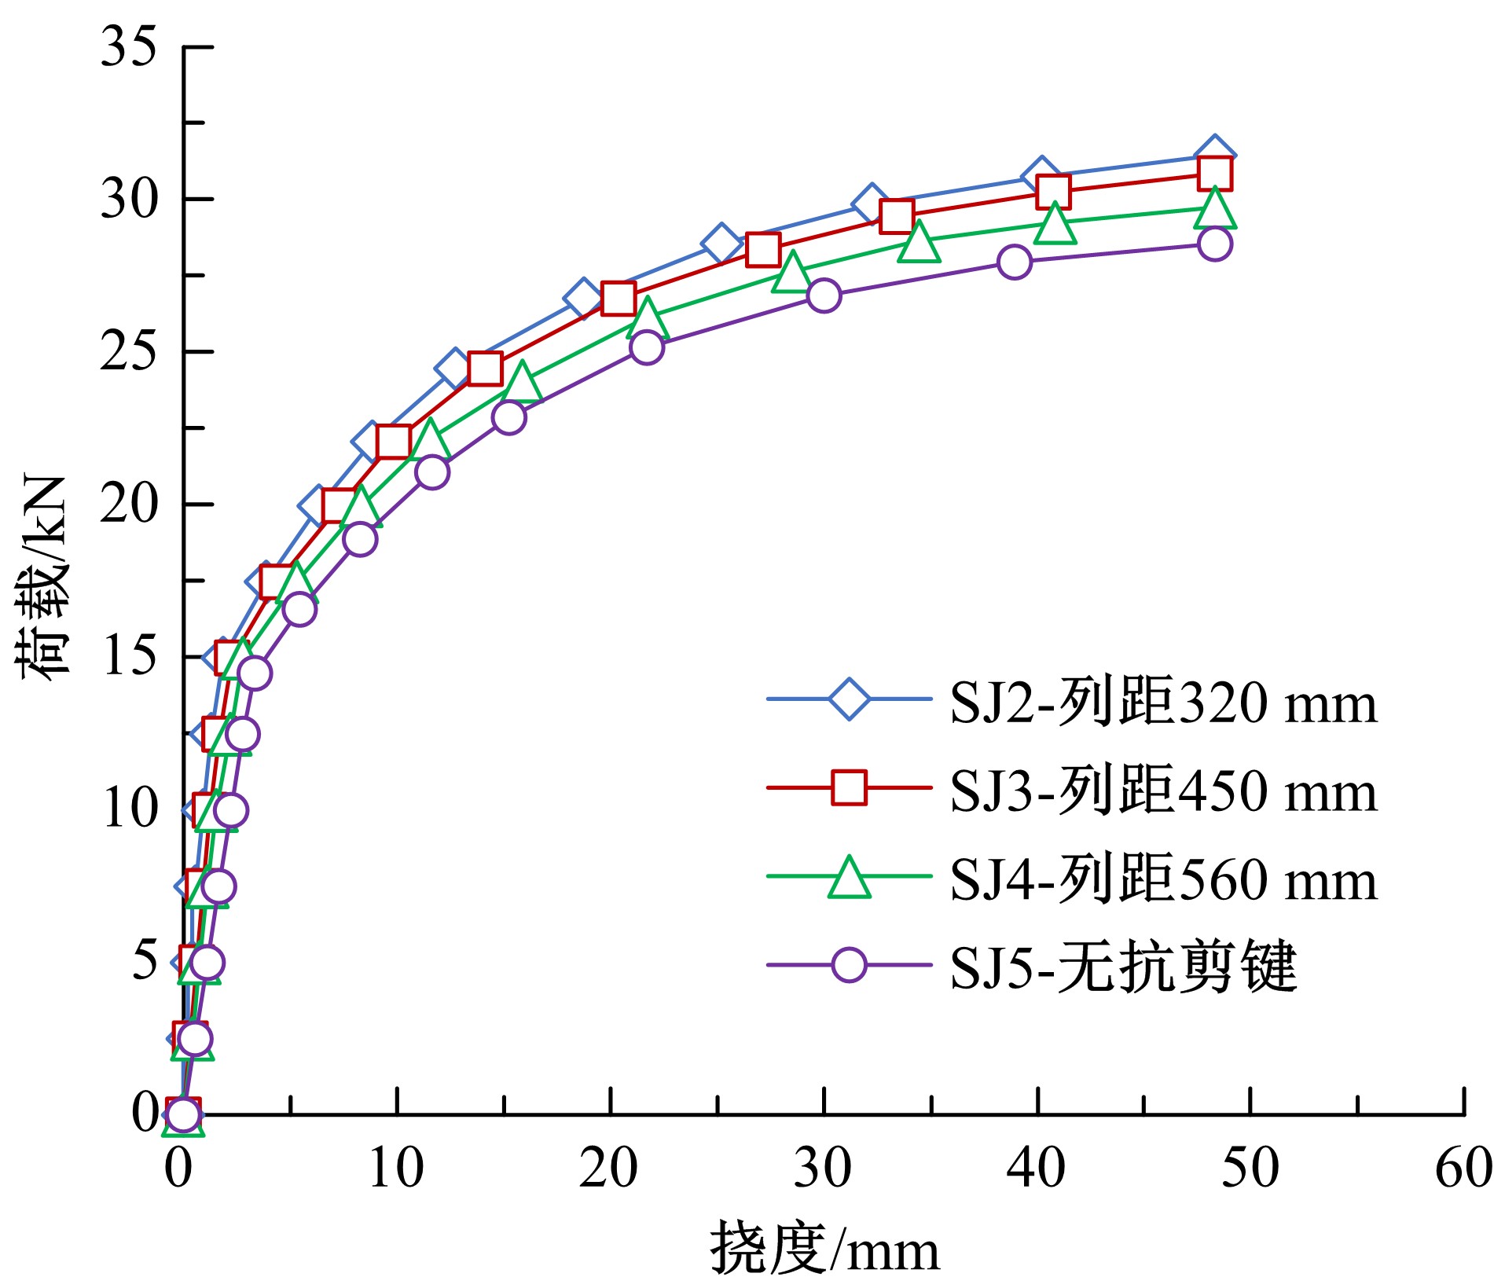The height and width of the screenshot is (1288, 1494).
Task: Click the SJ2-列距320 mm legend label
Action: pyautogui.click(x=1163, y=702)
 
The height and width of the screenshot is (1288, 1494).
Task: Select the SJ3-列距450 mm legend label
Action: pyautogui.click(x=1163, y=790)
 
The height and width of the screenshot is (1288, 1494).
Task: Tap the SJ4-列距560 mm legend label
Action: pyautogui.click(x=1163, y=879)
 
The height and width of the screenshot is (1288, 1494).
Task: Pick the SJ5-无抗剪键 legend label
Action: pyautogui.click(x=1122, y=967)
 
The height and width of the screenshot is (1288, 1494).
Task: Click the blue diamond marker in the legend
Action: pyautogui.click(x=849, y=699)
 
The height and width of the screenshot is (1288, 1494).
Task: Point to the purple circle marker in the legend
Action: pyautogui.click(x=849, y=964)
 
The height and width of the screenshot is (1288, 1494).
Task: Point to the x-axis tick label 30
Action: pyautogui.click(x=823, y=1169)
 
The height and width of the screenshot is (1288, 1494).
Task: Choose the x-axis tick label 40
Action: pyautogui.click(x=1037, y=1169)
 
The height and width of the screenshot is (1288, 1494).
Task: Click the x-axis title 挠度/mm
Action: pyautogui.click(x=824, y=1249)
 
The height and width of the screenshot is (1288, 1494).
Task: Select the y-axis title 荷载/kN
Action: pyautogui.click(x=41, y=578)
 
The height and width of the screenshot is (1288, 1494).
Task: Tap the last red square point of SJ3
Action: pyautogui.click(x=1214, y=174)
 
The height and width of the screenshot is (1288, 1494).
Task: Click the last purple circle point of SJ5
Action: pyautogui.click(x=1214, y=244)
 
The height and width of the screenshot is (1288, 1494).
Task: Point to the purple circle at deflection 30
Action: pyautogui.click(x=823, y=295)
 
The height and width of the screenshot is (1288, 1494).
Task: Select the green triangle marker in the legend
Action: pyautogui.click(x=849, y=877)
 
